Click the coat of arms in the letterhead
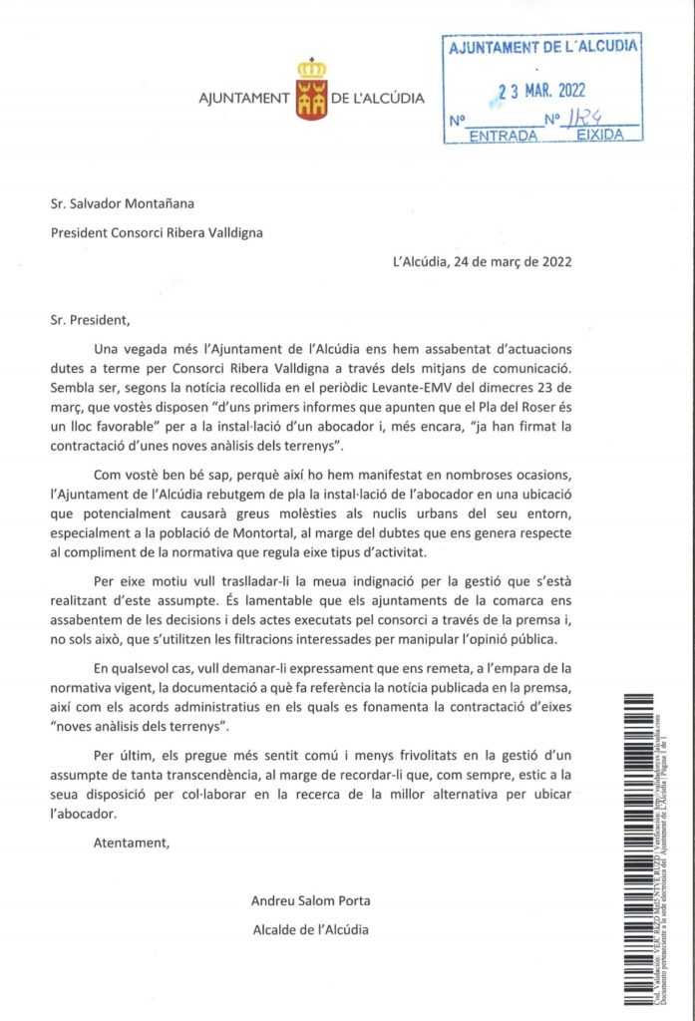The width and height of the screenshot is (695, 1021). pos(311,89)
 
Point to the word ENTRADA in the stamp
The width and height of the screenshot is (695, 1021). pos(503,134)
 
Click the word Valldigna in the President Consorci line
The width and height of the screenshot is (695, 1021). pos(228,233)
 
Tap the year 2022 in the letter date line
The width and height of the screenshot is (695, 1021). pos(555,262)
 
